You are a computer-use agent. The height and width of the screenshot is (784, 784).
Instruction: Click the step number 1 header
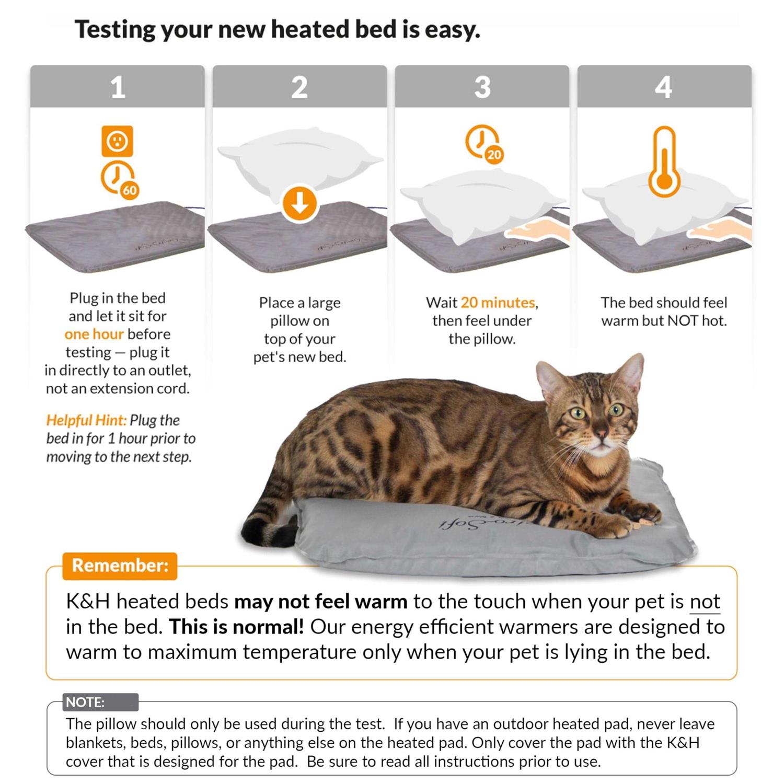118,87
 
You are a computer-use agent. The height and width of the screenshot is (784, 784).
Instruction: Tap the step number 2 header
299,87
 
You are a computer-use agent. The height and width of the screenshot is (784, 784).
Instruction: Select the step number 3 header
482,87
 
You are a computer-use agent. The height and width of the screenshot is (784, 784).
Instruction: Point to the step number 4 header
664,87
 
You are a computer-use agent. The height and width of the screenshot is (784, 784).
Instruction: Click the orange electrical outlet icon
117,141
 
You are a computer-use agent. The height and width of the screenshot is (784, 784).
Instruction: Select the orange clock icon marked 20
483,143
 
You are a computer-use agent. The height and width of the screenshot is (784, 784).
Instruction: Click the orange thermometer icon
664,162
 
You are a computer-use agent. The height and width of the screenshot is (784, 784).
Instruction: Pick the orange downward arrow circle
300,204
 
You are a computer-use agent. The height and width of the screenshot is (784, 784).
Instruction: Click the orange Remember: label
120,566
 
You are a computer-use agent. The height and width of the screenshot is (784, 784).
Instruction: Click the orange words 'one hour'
94,334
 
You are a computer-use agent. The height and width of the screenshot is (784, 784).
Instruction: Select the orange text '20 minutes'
498,303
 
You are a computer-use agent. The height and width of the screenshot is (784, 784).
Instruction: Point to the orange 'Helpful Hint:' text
86,420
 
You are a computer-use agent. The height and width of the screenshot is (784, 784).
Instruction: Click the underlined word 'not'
705,602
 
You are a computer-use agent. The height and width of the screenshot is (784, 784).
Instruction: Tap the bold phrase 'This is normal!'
236,627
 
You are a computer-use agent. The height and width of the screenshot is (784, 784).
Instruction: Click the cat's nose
601,433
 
